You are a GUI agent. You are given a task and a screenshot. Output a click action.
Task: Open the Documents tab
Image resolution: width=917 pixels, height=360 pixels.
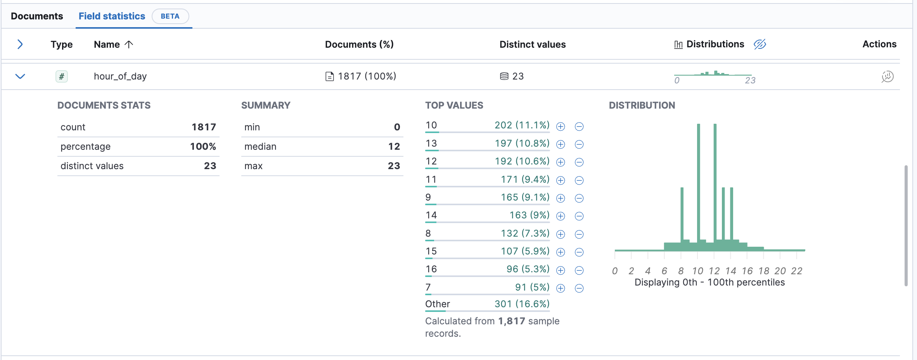[37, 16]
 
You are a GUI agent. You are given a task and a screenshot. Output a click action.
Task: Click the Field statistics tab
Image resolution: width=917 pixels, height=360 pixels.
[112, 16]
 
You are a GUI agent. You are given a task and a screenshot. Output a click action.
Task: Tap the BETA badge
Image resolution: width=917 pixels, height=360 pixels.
[170, 16]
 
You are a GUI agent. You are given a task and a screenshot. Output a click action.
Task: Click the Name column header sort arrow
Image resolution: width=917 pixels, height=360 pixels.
[129, 45]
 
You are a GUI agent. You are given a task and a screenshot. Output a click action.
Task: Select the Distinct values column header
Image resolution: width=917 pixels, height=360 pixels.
[532, 45]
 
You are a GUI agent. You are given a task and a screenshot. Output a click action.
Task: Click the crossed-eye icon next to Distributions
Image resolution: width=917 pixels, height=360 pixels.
[760, 44]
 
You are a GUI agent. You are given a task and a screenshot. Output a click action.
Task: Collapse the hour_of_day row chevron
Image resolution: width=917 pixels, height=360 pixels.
[20, 76]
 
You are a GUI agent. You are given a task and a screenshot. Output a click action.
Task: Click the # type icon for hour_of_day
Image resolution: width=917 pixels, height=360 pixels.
[61, 76]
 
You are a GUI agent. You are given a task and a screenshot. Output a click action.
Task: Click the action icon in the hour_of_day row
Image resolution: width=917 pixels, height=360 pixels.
[887, 76]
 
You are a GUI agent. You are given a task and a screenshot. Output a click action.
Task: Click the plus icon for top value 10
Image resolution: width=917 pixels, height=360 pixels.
[561, 126]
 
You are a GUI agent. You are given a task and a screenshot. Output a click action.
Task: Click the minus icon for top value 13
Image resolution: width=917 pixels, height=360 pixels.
[579, 145]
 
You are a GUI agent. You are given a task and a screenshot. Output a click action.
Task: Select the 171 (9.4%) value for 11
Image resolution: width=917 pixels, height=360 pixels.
[525, 179]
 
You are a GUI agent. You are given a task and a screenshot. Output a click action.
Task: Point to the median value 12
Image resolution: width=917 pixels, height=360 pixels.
[394, 146]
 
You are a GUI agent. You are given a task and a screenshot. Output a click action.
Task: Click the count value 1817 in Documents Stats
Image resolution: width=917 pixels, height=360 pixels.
[204, 127]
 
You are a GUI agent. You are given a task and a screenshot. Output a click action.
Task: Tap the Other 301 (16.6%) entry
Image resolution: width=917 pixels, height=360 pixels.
[487, 304]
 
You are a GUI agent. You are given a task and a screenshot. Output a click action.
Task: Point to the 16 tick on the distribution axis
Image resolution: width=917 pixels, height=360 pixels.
[747, 271]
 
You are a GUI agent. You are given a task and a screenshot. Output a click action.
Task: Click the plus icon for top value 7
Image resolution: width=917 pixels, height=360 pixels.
[561, 288]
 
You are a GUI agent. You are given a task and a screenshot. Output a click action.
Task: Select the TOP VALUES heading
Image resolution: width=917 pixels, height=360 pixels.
[454, 105]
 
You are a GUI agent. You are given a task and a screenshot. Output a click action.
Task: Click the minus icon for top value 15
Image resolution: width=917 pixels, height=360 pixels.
[579, 252]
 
